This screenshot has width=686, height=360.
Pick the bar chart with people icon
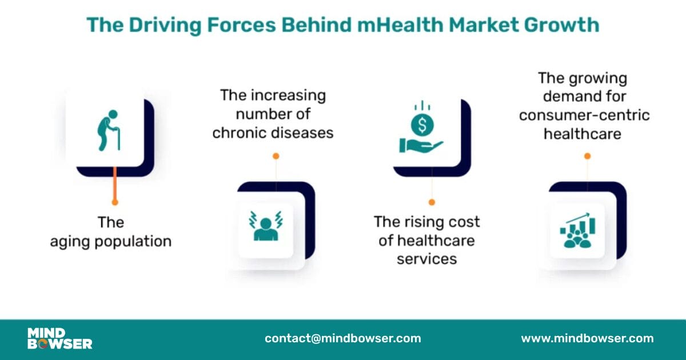click(x=577, y=231)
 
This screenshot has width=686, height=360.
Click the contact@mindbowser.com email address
click(x=342, y=338)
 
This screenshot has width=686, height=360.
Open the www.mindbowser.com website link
click(x=587, y=338)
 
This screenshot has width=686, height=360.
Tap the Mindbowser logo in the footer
click(x=59, y=338)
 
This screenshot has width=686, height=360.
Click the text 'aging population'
click(x=111, y=241)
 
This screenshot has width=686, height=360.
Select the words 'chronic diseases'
click(x=273, y=133)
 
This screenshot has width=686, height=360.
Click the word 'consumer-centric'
click(x=584, y=115)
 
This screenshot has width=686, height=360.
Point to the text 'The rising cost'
click(x=426, y=221)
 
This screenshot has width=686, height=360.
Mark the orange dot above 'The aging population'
click(x=115, y=202)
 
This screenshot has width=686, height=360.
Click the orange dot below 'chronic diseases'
click(x=276, y=155)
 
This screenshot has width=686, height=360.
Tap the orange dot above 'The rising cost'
click(x=432, y=202)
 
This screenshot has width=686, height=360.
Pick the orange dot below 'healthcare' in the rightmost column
click(x=587, y=155)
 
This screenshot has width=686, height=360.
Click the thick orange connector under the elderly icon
click(x=115, y=183)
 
